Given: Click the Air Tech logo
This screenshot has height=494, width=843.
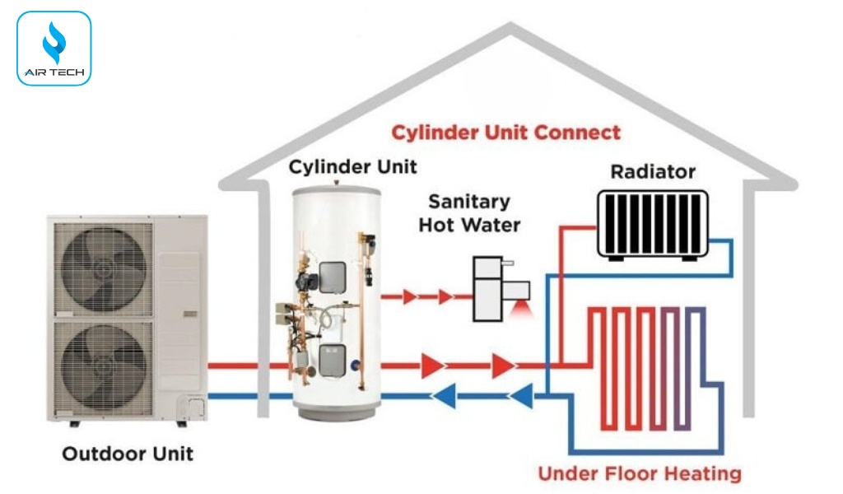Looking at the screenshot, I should [x=54, y=49].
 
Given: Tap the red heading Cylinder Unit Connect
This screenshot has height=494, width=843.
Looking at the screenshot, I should [x=505, y=133].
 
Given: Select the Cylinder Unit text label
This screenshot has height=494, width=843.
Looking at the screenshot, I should [x=352, y=167].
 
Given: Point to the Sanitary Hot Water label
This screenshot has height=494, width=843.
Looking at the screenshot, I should [x=469, y=212].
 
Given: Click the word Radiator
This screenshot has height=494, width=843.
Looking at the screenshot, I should [x=653, y=172].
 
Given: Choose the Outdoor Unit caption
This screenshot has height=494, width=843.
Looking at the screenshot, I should [x=128, y=454].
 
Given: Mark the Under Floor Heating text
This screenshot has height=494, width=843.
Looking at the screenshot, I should [x=639, y=474].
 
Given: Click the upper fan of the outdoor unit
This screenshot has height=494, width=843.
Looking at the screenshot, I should [x=104, y=268].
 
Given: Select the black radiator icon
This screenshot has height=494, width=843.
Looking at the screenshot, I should [x=652, y=225].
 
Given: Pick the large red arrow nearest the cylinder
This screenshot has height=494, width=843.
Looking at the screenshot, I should [x=431, y=365].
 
